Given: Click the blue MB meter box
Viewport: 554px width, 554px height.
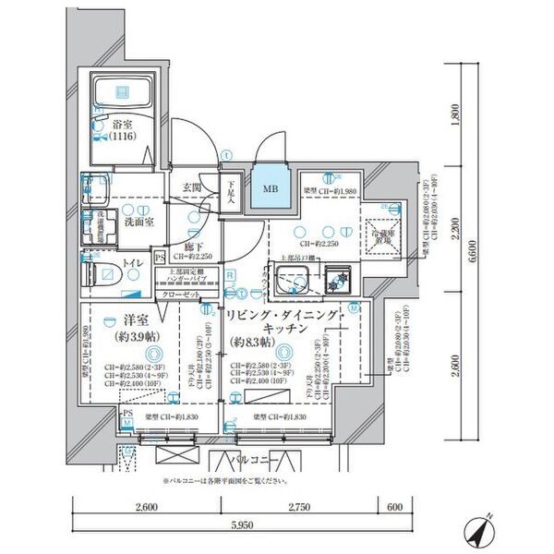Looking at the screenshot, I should [270, 191].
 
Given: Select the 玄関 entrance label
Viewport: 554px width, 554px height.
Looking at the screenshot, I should [192, 188].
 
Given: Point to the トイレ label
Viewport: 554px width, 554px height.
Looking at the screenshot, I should [135, 263].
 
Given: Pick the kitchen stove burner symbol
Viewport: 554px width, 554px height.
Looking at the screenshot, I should [334, 277].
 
